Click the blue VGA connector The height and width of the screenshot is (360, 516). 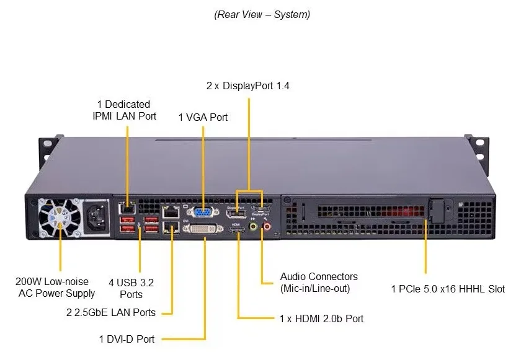pyautogui.click(x=203, y=213)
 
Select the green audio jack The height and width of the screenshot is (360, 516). pyautogui.click(x=253, y=227)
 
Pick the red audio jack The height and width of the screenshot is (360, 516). pyautogui.click(x=267, y=227)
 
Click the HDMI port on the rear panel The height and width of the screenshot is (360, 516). pyautogui.click(x=237, y=230)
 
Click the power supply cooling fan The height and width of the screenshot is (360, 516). pyautogui.click(x=60, y=217)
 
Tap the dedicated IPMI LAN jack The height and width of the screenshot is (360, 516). pyautogui.click(x=127, y=208)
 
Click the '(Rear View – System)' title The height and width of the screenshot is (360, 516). pyautogui.click(x=262, y=14)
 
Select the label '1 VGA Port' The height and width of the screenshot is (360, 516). pyautogui.click(x=203, y=117)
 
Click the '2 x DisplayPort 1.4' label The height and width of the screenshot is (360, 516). pyautogui.click(x=248, y=86)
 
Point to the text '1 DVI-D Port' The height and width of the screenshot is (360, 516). pyautogui.click(x=127, y=339)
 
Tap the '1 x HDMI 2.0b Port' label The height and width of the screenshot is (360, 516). pyautogui.click(x=321, y=318)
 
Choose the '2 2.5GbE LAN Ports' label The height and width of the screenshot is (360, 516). pyautogui.click(x=111, y=312)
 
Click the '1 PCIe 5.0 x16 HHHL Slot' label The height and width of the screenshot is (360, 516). pyautogui.click(x=448, y=289)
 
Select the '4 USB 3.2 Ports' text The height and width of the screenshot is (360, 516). pyautogui.click(x=131, y=288)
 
